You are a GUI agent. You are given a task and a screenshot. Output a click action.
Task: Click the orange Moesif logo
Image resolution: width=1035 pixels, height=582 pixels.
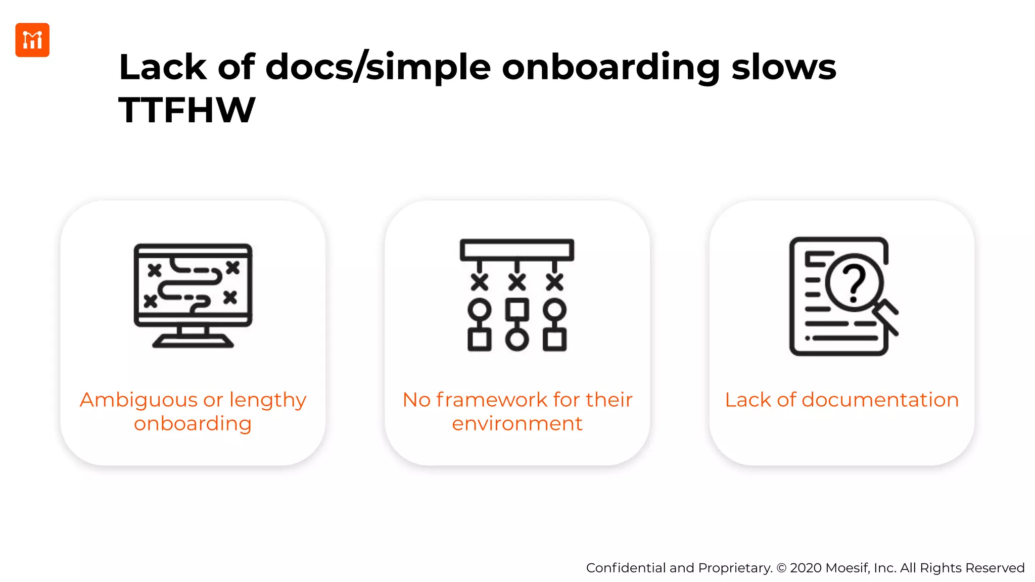(x=32, y=40)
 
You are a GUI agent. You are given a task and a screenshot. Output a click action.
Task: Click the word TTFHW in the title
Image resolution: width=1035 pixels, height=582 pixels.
(x=187, y=110)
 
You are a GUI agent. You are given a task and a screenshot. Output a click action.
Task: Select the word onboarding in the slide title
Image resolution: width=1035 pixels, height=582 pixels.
(x=610, y=68)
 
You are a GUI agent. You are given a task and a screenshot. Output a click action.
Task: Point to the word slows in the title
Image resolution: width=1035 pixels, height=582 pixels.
(x=784, y=68)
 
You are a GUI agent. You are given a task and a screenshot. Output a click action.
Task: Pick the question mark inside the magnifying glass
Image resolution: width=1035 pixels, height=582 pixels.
(x=854, y=284)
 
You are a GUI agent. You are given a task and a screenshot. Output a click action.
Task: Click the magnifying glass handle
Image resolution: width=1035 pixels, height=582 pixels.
(x=887, y=318)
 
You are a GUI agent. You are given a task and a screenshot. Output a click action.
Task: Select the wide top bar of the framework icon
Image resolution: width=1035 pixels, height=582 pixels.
(x=517, y=250)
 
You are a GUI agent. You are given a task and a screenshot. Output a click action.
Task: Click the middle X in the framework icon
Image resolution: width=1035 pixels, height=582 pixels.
(x=517, y=282)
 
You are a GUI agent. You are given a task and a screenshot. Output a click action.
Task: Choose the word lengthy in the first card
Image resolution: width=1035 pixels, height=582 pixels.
(x=268, y=400)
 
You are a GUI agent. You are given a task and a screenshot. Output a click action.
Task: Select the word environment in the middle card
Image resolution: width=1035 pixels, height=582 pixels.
(x=517, y=423)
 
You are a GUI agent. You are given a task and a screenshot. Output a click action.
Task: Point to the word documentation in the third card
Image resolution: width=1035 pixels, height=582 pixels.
(x=880, y=400)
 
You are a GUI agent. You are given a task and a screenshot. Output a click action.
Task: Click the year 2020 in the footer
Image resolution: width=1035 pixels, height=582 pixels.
(x=806, y=568)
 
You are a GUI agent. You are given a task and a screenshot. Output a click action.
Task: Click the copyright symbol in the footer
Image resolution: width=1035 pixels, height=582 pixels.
(x=781, y=568)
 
